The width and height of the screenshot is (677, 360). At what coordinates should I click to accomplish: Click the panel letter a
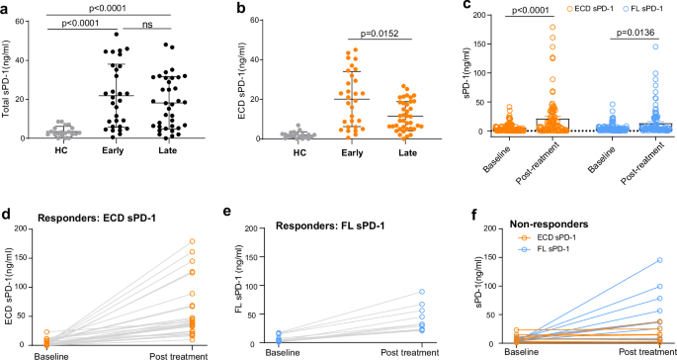coord(6,8)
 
